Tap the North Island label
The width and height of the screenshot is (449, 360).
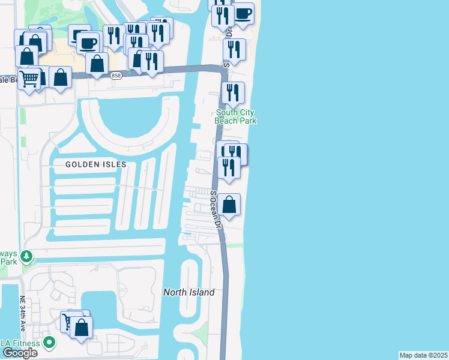[189, 292]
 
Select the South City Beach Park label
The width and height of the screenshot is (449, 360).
[236, 116]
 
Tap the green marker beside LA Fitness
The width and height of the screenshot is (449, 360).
[49, 343]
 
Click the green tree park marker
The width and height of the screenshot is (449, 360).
[26, 257]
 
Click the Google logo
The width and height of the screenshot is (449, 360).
[20, 353]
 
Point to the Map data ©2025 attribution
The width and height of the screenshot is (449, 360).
[424, 355]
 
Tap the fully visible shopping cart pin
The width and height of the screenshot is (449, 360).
[29, 78]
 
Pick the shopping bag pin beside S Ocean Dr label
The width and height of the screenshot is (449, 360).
[229, 205]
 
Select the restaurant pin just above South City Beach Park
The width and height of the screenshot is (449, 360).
[233, 93]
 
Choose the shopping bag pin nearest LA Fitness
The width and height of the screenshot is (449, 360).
[82, 328]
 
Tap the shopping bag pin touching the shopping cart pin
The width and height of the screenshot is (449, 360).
[60, 77]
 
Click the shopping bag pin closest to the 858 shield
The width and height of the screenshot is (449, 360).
[97, 63]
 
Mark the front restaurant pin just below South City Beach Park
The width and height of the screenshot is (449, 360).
[229, 167]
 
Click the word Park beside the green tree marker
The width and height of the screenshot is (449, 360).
[8, 262]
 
